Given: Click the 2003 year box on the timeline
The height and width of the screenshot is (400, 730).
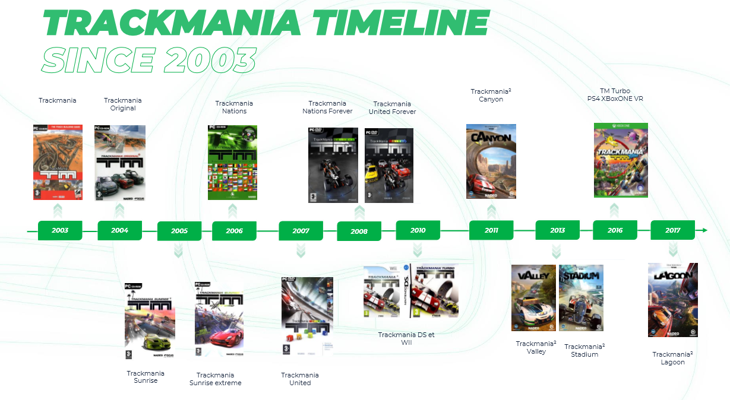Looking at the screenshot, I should [60, 230].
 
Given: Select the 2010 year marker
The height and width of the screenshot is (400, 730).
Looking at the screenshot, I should [418, 230].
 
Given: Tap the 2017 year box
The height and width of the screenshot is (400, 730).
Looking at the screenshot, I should [673, 230].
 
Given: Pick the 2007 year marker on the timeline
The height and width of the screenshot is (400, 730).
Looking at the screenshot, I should [301, 231].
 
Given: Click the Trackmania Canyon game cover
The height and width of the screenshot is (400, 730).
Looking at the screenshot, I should [491, 160].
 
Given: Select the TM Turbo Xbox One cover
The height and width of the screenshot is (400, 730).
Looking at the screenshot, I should [621, 160].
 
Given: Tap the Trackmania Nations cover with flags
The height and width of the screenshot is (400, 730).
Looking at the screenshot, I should [232, 163].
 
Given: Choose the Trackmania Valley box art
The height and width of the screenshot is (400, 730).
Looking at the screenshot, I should [533, 298].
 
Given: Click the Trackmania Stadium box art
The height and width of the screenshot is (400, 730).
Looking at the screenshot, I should [581, 298].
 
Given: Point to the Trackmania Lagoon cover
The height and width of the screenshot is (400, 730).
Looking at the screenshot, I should [673, 300].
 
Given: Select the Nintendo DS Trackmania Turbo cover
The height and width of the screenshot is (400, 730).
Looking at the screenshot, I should [434, 291].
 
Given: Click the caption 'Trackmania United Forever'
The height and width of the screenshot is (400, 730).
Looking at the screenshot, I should [392, 108].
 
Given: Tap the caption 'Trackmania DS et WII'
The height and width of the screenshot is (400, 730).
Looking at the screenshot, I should [406, 338].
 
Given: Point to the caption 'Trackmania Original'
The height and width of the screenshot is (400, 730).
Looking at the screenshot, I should [123, 104].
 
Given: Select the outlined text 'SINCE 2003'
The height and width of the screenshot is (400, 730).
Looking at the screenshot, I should [148, 59].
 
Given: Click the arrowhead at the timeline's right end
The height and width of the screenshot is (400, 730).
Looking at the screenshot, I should [704, 230].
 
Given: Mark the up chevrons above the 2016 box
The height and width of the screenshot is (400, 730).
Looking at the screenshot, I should [614, 210].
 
